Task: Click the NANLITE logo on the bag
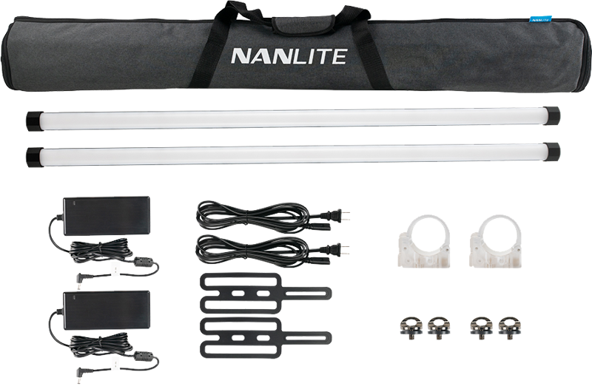tap(289, 56)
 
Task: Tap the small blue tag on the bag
tap(541, 19)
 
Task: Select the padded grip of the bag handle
tap(304, 24)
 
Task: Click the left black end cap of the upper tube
tap(35, 121)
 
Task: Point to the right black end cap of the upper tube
tap(551, 115)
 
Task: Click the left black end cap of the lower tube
tap(35, 157)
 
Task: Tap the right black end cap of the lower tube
tap(551, 152)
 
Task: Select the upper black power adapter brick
tap(107, 215)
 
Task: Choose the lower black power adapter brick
tap(107, 310)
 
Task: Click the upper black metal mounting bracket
tap(266, 293)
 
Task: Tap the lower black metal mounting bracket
tap(266, 338)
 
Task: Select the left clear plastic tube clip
tap(424, 242)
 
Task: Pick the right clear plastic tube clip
tap(495, 242)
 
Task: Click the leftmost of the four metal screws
tap(410, 328)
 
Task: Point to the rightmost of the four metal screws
tap(508, 328)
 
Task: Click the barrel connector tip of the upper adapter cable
tap(80, 280)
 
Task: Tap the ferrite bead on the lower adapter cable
tap(144, 356)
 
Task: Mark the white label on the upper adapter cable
tap(115, 269)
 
